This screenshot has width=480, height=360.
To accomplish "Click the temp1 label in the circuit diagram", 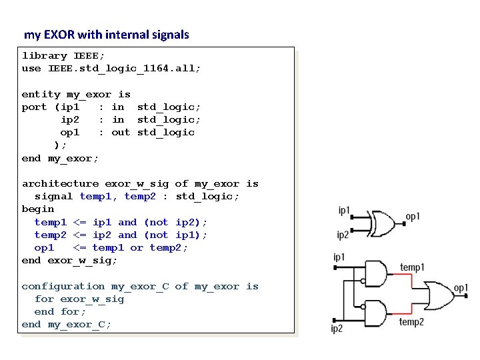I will point(411,267).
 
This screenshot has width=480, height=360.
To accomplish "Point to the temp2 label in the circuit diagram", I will point(411,322).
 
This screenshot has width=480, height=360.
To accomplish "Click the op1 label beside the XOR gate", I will point(413,217).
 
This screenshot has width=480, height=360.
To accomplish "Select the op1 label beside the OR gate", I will point(461,287).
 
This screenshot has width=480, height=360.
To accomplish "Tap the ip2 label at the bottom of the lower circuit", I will point(337,329).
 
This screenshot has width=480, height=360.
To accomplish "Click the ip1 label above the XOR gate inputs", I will point(344,211).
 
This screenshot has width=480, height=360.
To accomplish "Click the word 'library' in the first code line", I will point(44,56).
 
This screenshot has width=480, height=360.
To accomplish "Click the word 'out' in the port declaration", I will point(121,133).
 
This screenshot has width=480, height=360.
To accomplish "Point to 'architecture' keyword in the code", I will point(60,184).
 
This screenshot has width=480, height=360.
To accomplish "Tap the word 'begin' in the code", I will point(37,209).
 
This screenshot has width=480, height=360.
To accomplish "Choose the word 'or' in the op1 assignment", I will point(137,248).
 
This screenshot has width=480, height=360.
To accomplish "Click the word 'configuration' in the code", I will point(63,287).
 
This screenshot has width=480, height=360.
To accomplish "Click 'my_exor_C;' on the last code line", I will point(79,325).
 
